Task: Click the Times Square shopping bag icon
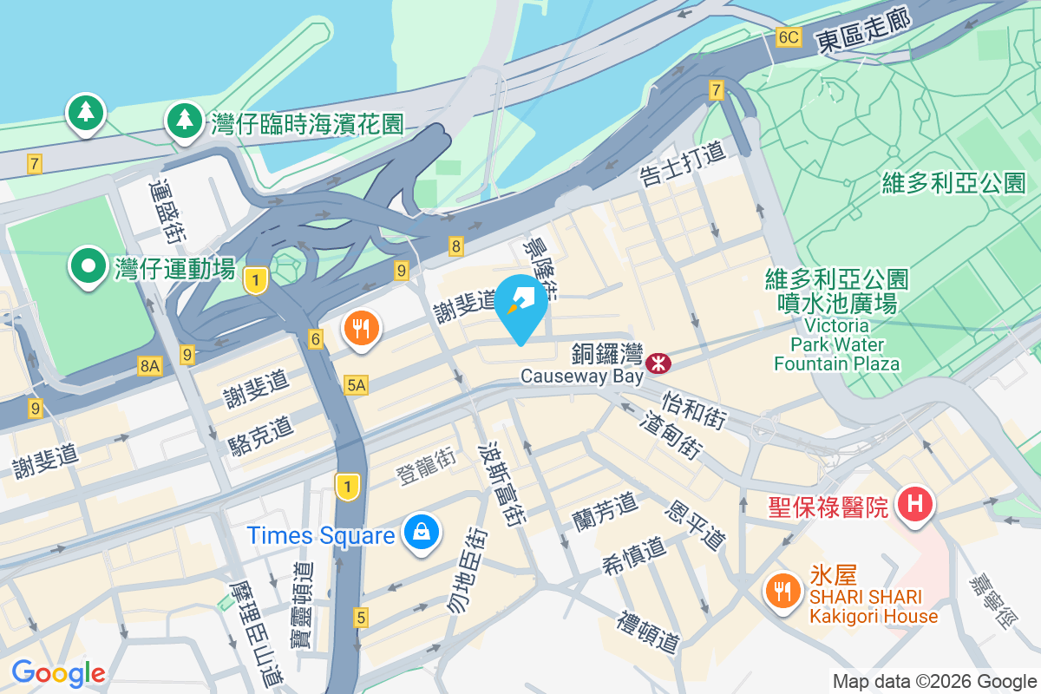[421, 534]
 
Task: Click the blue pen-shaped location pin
[520, 304]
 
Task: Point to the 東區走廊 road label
[863, 32]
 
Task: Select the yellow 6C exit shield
[788, 37]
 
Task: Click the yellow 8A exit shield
[149, 367]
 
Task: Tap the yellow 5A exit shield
[356, 385]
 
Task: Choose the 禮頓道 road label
[648, 632]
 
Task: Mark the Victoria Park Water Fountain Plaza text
[836, 344]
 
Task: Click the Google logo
[58, 672]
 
